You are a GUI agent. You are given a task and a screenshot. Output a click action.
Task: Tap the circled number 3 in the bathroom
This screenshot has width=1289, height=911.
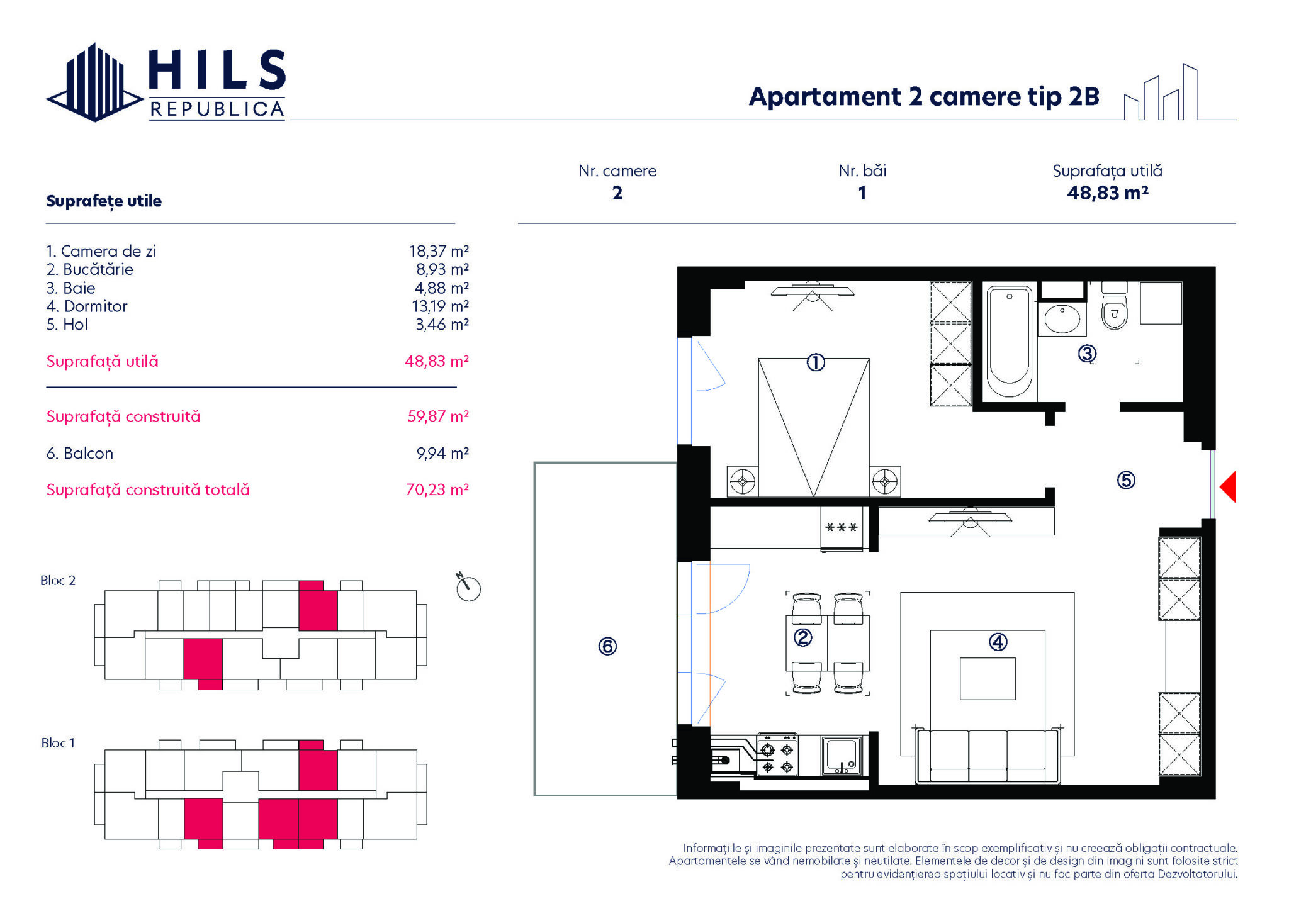click(1087, 354)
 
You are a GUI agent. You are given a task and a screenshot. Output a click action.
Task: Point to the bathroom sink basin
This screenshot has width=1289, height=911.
click(1062, 318)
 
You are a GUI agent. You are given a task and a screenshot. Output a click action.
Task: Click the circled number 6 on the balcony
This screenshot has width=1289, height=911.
click(607, 646)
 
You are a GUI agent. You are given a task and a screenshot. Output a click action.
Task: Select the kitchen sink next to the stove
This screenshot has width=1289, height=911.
click(842, 756)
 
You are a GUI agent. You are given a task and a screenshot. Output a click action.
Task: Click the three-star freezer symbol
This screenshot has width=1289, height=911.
click(842, 527)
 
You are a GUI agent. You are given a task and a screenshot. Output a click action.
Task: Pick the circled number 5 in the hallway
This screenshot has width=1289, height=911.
click(1126, 481)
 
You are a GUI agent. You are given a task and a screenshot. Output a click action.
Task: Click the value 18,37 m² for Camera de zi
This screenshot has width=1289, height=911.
click(439, 251)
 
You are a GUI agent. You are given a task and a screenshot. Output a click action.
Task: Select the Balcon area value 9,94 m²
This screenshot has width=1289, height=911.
click(442, 453)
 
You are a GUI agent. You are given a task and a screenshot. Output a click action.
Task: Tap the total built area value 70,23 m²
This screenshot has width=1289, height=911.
click(437, 489)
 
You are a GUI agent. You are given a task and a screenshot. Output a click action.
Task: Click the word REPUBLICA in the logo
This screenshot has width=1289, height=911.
click(217, 109)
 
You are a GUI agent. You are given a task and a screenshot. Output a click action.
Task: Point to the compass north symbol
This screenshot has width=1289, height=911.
click(468, 587)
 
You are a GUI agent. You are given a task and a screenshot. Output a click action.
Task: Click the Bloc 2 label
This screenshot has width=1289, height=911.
click(58, 581)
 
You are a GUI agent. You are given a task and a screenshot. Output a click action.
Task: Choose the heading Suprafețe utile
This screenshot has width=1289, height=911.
click(104, 201)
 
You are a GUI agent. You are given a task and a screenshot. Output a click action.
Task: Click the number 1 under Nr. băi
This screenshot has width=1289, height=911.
click(862, 193)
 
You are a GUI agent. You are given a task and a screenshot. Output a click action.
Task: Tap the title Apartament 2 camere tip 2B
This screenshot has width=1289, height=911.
click(925, 97)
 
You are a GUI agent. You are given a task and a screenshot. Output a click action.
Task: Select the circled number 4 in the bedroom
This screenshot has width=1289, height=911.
click(998, 642)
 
